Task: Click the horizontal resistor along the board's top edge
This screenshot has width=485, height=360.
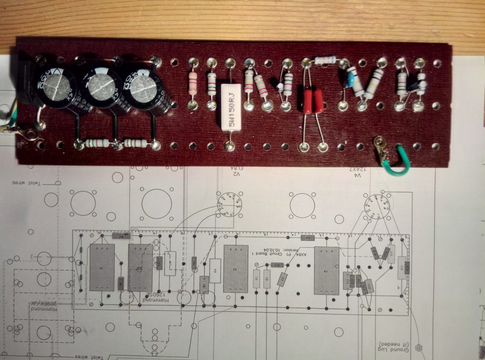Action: pyautogui.click(x=325, y=60)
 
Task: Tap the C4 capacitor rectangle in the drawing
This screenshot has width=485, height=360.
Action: pyautogui.click(x=326, y=270)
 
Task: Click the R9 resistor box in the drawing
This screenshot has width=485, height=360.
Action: pyautogui.click(x=215, y=270)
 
